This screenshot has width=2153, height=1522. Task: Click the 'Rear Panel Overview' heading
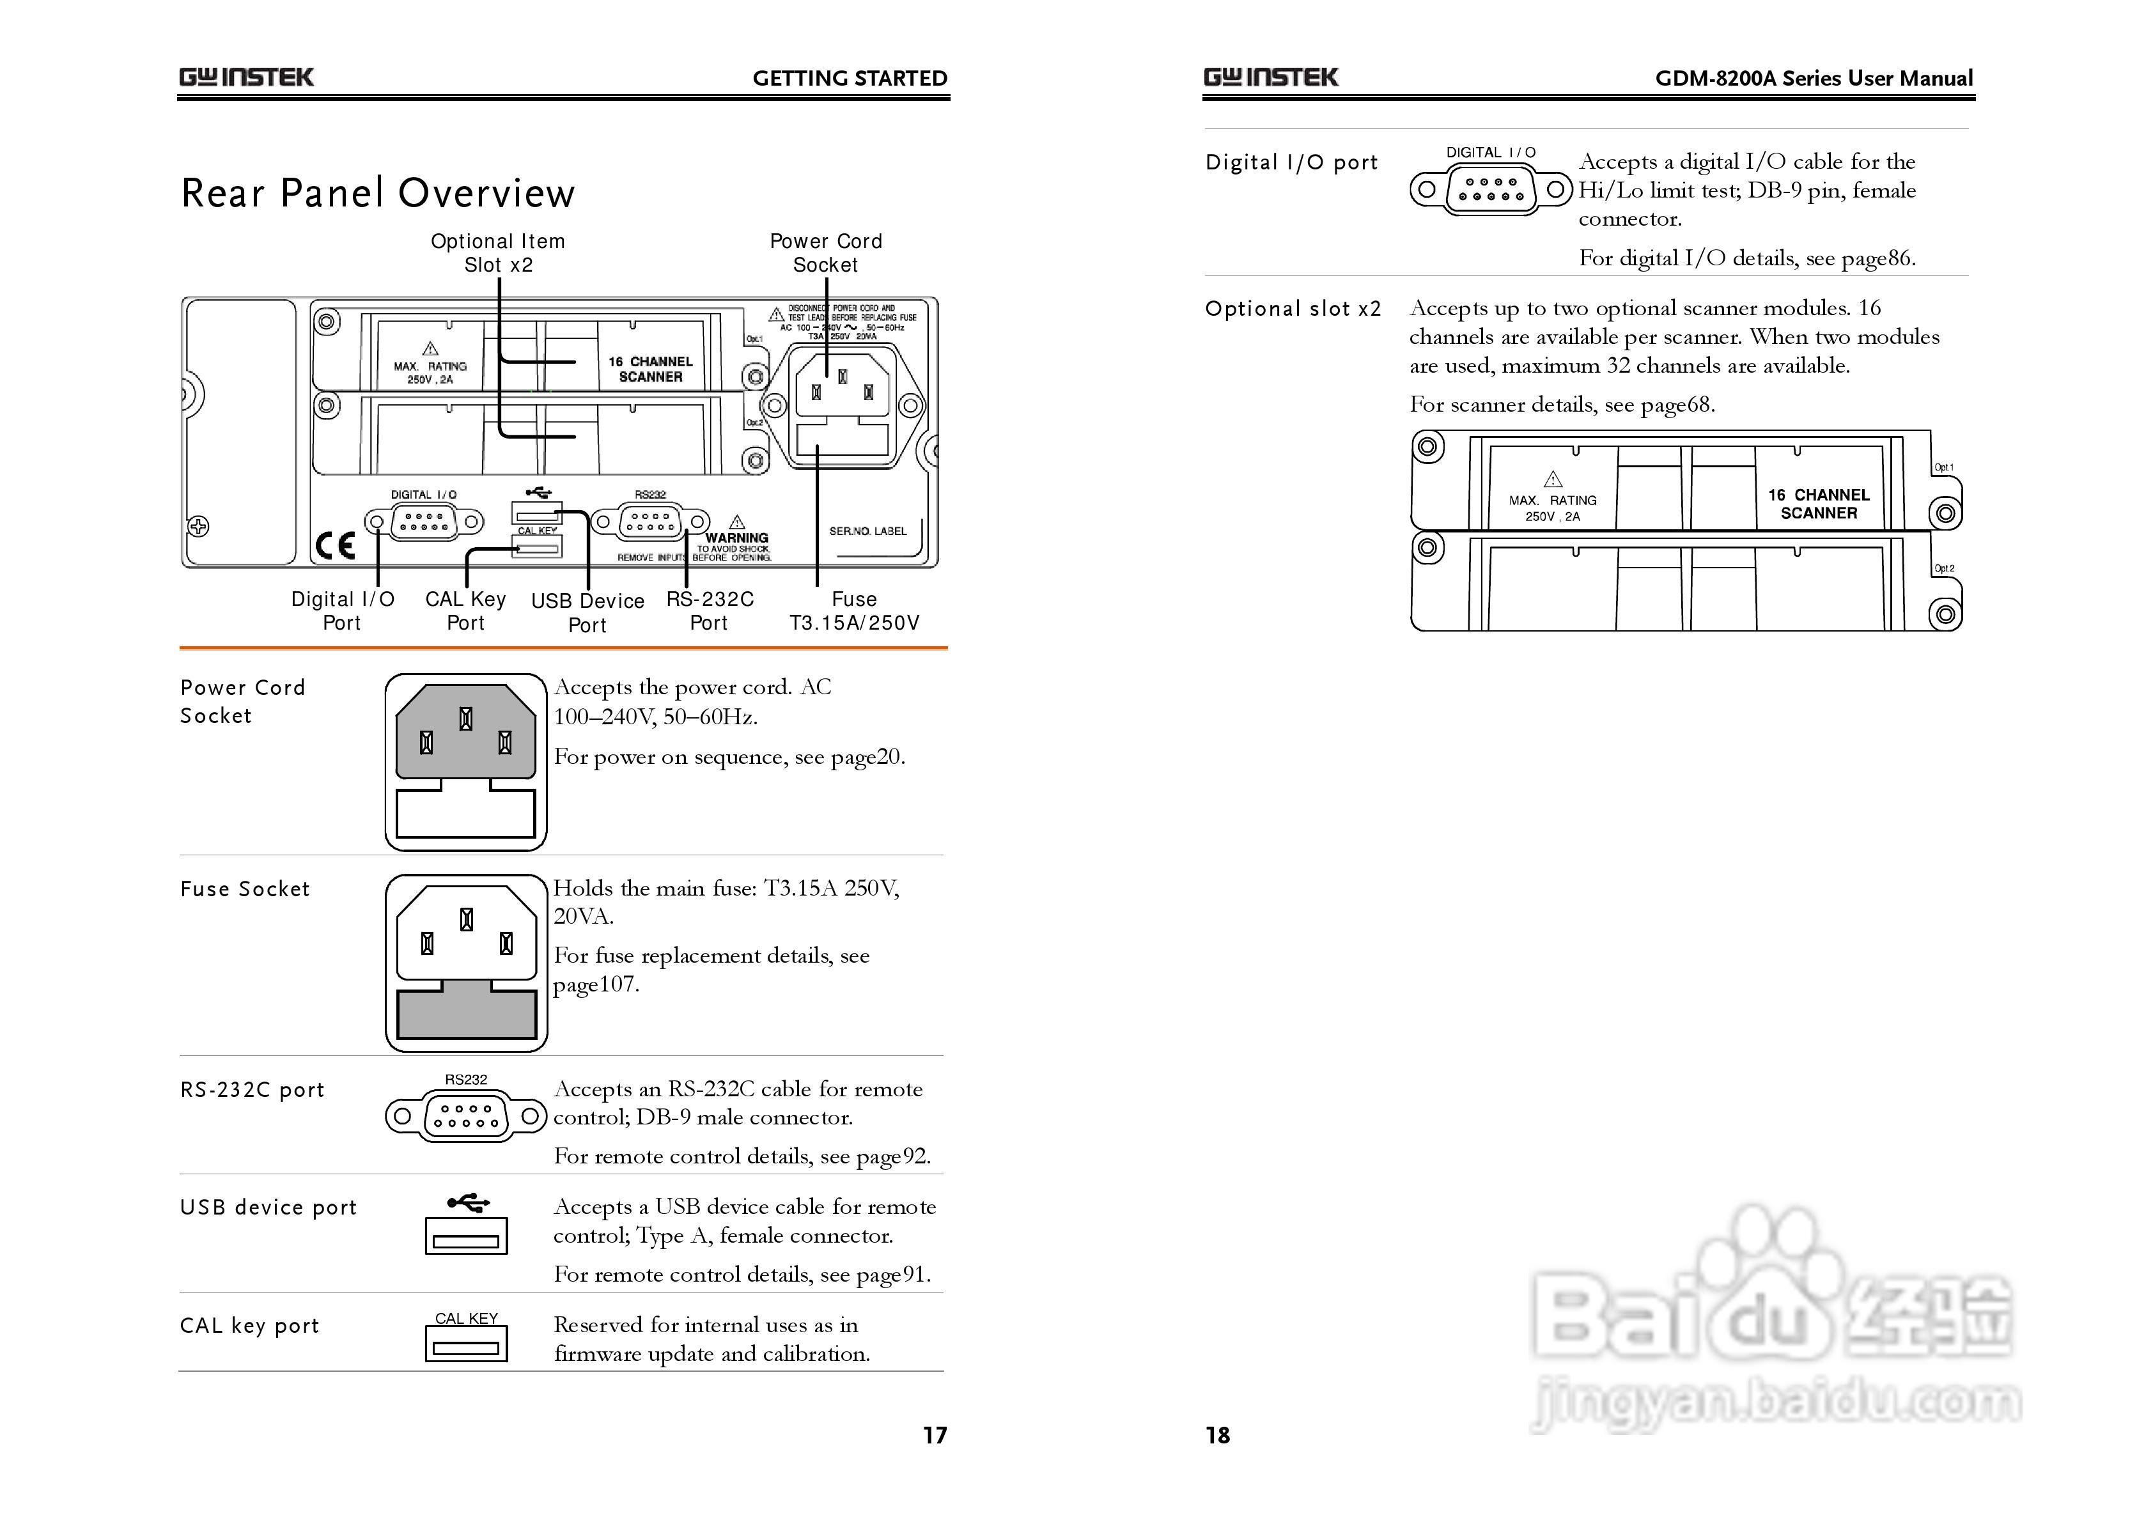(x=377, y=193)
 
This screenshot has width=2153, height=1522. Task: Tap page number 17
(x=935, y=1435)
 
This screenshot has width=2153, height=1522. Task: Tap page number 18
(x=1217, y=1435)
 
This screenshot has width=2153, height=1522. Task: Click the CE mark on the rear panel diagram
(x=335, y=545)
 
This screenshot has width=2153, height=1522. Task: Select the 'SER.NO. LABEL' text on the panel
(x=867, y=531)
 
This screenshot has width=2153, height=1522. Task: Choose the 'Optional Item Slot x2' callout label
(x=498, y=253)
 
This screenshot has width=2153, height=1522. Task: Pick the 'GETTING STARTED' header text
(x=850, y=79)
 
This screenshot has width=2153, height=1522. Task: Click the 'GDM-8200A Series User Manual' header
(x=1814, y=79)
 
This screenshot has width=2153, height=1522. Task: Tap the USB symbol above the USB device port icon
(x=468, y=1202)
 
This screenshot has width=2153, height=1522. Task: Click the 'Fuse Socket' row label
(x=245, y=889)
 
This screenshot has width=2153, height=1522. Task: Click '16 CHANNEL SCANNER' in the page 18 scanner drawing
(x=1818, y=504)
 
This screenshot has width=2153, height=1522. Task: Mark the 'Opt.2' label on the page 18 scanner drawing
(x=1944, y=568)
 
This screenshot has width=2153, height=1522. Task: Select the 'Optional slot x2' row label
(x=1293, y=309)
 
